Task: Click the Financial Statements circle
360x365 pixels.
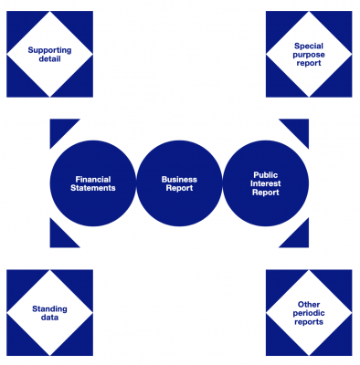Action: click(94, 182)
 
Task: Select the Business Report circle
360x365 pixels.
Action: click(179, 182)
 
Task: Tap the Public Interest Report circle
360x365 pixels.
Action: click(265, 182)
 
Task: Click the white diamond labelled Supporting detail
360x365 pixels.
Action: click(49, 54)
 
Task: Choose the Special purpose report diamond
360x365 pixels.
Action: click(309, 54)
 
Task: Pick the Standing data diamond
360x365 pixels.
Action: click(49, 312)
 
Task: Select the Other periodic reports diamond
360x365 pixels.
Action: click(309, 312)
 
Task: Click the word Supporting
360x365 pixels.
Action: click(49, 49)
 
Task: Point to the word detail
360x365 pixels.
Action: click(49, 59)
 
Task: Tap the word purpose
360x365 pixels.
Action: click(309, 54)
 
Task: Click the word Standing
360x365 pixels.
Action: click(49, 308)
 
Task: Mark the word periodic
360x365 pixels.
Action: click(309, 312)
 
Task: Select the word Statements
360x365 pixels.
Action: click(94, 188)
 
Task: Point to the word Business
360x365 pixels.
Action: click(179, 178)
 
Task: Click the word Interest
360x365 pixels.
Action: click(265, 182)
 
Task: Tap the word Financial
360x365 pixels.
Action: click(94, 178)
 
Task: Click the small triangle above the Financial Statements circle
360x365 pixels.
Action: click(58, 128)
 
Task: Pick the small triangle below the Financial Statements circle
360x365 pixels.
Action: click(58, 237)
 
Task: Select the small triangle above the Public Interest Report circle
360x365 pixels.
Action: click(300, 128)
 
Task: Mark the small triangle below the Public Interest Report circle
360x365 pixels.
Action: click(300, 237)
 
